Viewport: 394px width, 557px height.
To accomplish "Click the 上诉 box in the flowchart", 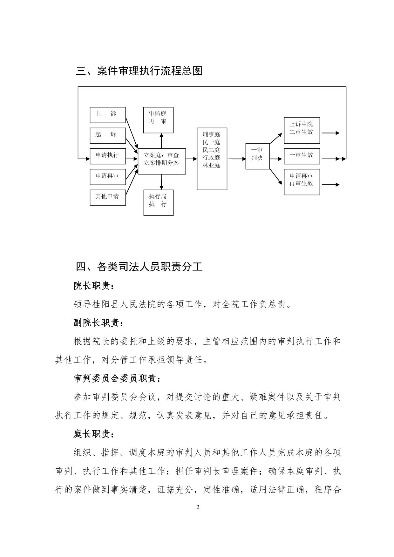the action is click(108, 115).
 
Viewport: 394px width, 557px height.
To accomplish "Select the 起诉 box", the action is click(108, 136).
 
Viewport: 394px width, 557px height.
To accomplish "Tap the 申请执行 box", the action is click(108, 156).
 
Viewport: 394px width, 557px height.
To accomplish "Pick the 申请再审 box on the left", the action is click(108, 177).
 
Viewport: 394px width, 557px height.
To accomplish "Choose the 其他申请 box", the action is click(108, 197).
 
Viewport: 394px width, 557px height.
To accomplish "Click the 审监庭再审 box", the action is click(159, 120).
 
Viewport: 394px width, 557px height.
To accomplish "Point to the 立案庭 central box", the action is click(162, 161).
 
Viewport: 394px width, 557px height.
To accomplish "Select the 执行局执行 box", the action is click(159, 203).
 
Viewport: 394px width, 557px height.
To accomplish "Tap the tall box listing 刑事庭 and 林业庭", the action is click(212, 159).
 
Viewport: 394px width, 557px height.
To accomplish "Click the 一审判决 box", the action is click(258, 156).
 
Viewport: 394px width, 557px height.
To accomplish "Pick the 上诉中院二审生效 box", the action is click(302, 130).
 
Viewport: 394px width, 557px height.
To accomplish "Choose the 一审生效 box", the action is click(302, 156).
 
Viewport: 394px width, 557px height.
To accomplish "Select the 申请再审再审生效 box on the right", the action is click(302, 182).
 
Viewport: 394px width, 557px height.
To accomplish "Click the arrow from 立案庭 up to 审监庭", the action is click(161, 140).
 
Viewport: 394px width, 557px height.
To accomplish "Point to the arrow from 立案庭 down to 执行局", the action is click(161, 182).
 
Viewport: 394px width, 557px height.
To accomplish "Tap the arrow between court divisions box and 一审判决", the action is click(236, 159).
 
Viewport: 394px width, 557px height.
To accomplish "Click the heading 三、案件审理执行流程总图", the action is click(139, 71).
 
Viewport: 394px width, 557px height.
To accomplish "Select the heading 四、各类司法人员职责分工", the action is click(139, 266).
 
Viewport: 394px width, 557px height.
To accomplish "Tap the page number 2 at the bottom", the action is click(198, 507).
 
